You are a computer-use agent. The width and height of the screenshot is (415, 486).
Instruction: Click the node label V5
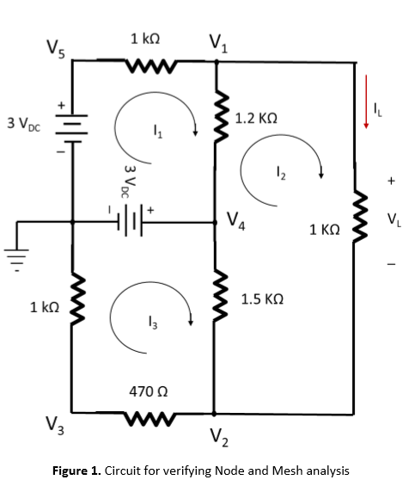(x=55, y=48)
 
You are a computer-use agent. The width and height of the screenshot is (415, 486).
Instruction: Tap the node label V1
(x=217, y=44)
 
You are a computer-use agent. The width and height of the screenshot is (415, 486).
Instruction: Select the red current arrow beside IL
(x=367, y=102)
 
